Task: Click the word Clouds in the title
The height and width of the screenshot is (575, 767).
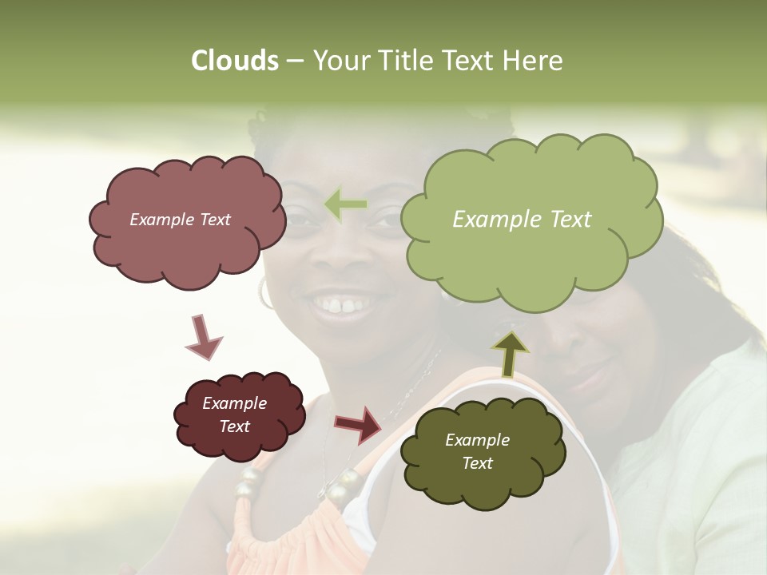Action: point(234,61)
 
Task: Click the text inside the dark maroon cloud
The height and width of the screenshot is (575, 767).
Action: point(235,415)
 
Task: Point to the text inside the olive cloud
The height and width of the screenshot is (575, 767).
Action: point(478,451)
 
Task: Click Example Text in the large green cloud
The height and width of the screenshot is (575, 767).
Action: point(522,220)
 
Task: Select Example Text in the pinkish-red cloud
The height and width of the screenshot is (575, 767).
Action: point(181,220)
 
